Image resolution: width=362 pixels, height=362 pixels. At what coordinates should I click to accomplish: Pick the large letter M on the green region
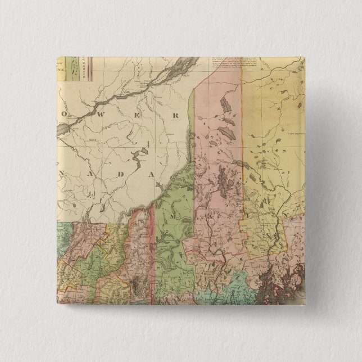174,215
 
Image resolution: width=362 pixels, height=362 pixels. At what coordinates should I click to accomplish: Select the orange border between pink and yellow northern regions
242,141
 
